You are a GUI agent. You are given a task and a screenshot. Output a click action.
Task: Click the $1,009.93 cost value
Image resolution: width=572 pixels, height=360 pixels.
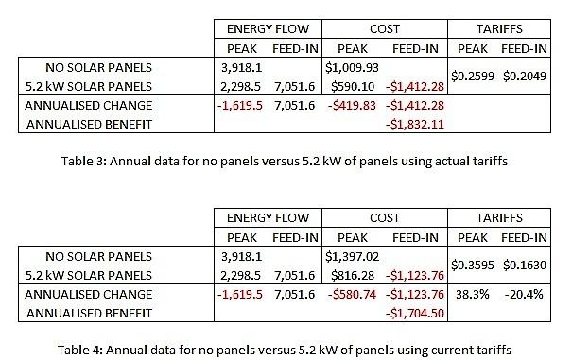tap(352, 68)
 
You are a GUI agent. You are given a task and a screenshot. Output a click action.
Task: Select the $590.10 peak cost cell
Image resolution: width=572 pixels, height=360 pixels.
tap(352, 86)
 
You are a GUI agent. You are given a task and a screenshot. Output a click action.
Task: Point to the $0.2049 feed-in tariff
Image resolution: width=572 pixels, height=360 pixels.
tap(525, 77)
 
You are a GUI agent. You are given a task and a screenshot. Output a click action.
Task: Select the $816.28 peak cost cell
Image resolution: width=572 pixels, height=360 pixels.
tap(352, 275)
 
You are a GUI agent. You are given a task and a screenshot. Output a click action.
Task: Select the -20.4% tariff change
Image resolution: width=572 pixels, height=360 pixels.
tap(525, 294)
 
